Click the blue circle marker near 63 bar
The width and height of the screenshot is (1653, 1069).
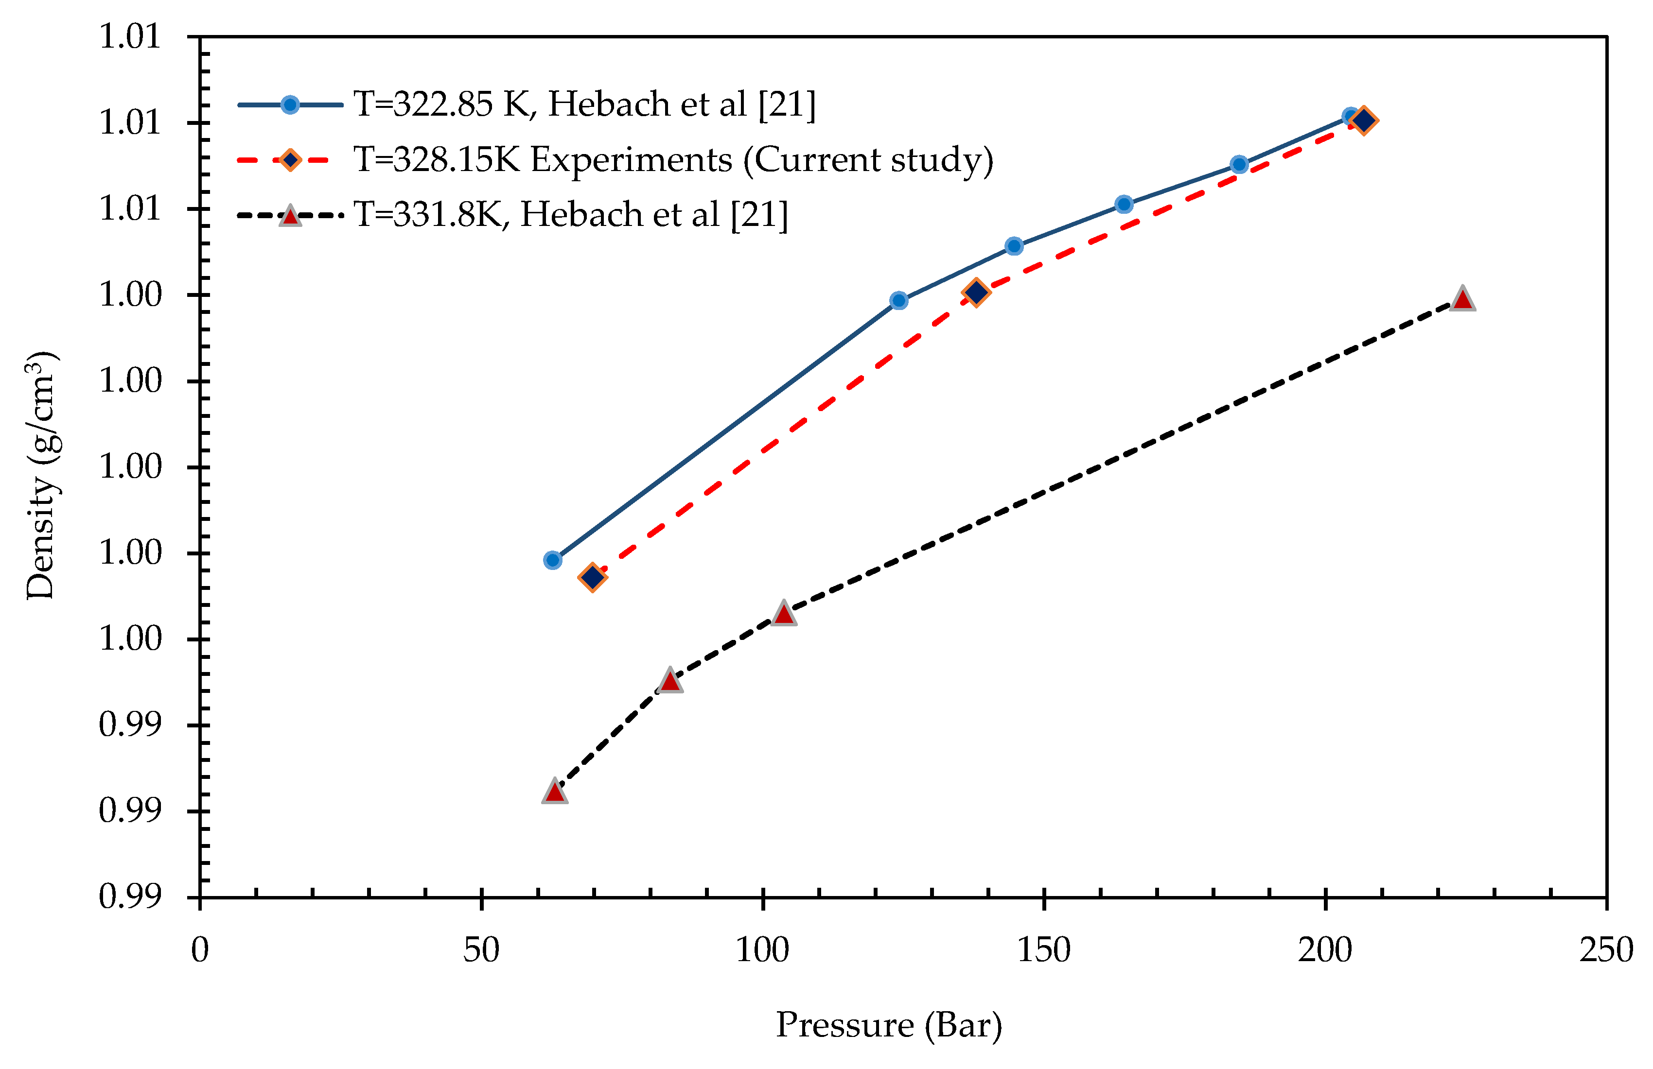553,560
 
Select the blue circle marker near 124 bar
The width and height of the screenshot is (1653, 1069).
899,301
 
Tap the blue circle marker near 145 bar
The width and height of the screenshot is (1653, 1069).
1014,246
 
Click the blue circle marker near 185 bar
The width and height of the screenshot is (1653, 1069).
1239,165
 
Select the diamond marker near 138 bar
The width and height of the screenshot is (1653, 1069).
976,292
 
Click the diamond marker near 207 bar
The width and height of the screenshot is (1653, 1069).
1363,120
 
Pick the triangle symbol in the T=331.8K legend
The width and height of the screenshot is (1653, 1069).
290,216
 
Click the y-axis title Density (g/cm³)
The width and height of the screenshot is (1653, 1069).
42,476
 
